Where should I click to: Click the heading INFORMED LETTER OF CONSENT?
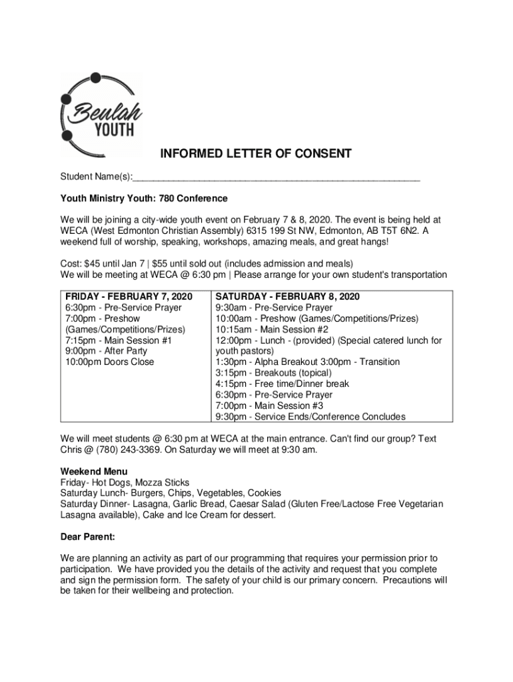256,155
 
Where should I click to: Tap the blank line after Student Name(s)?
276,178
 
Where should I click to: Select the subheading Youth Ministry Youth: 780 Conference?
144,198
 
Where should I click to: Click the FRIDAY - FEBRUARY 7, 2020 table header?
129,296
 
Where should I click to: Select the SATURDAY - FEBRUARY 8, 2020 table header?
287,296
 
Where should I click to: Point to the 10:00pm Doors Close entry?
109,362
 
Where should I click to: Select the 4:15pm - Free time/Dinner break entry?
282,384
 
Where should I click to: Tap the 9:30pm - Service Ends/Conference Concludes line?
310,417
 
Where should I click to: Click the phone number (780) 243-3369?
124,450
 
